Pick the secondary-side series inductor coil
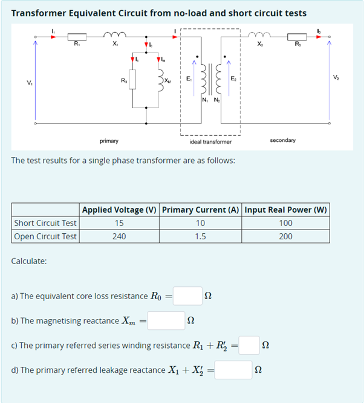[261, 36]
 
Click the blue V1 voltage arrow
[36, 79]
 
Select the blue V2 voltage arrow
[330, 79]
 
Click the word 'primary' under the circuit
[109, 141]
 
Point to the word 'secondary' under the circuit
[282, 140]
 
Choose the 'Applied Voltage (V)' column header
[120, 210]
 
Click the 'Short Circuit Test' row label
[45, 223]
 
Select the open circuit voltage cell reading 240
[119, 236]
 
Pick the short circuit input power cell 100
[285, 223]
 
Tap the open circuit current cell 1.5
[201, 236]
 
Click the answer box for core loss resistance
[188, 296]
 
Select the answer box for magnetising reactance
[166, 321]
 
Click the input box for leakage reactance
[233, 370]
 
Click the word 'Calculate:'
[30, 261]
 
